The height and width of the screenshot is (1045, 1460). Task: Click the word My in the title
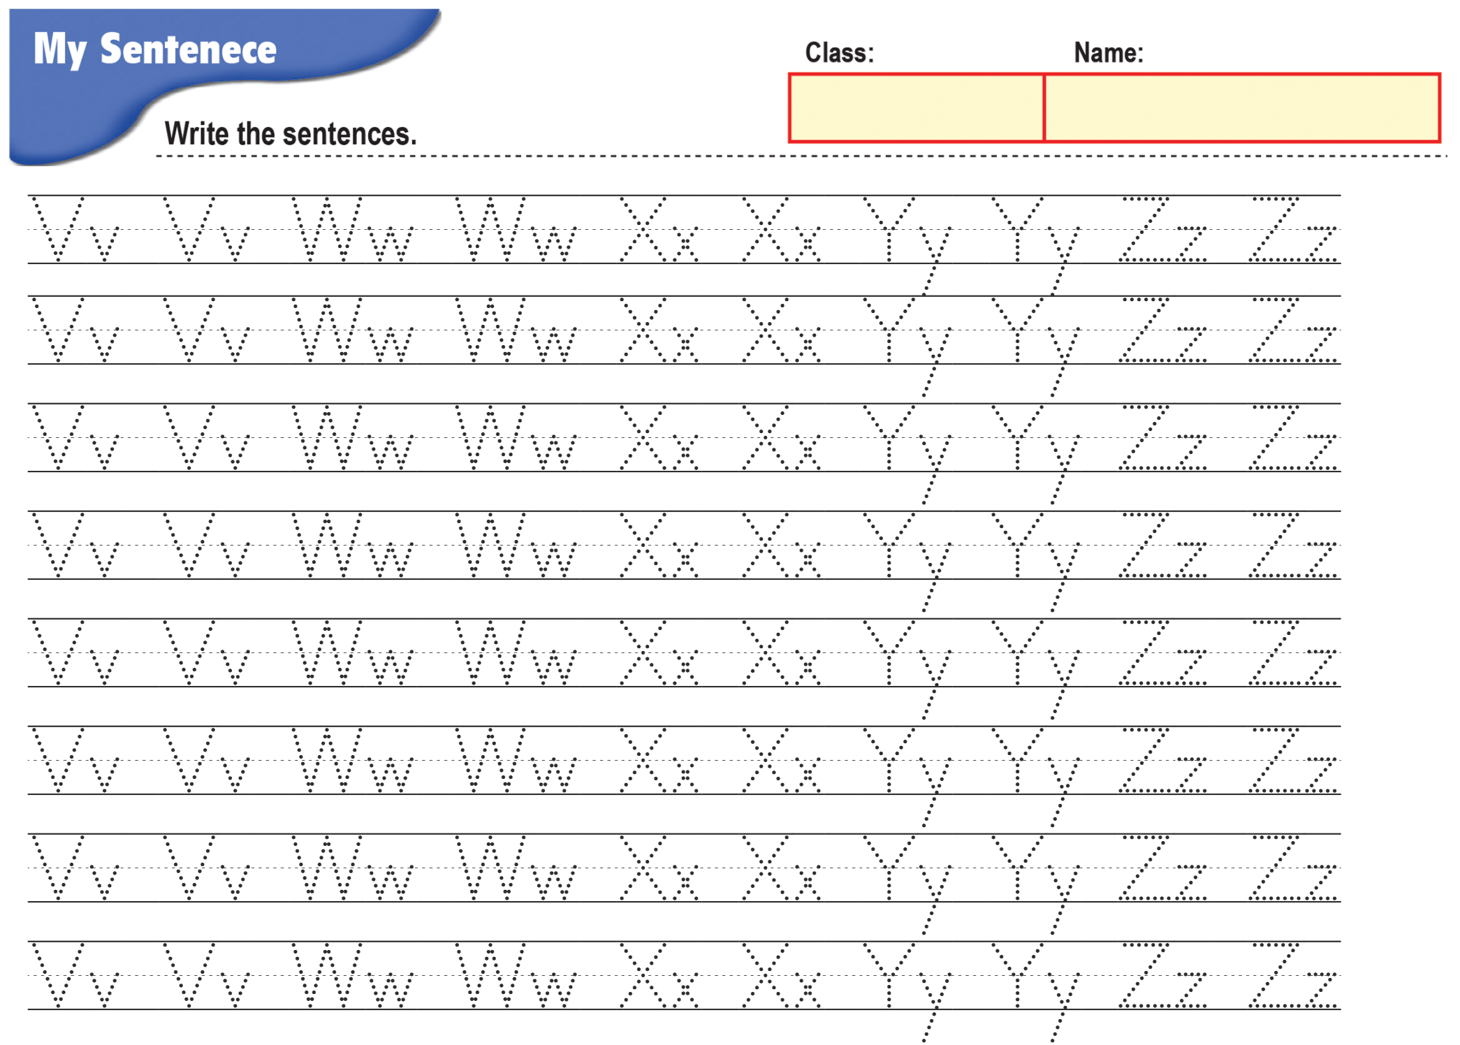tap(60, 50)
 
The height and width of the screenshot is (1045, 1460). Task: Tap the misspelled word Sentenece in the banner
tap(189, 49)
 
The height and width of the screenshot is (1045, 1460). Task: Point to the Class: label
tap(839, 53)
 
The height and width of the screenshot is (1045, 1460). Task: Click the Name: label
tap(1109, 53)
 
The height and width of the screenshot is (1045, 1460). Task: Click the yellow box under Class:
tap(917, 108)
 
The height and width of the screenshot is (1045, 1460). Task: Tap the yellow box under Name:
tap(1241, 108)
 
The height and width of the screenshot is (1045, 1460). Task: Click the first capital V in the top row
tap(58, 229)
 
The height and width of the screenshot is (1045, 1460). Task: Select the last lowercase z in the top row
tap(1321, 244)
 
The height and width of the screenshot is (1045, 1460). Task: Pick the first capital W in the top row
tap(327, 229)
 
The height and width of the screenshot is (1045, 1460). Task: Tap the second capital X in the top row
tap(765, 229)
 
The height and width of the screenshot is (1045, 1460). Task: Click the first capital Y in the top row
tap(889, 229)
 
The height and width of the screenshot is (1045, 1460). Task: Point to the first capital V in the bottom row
tap(58, 975)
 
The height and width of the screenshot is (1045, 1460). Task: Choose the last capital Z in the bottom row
tap(1273, 975)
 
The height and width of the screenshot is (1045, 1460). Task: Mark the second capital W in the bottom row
tap(490, 975)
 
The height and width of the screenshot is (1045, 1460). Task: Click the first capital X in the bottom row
tap(643, 975)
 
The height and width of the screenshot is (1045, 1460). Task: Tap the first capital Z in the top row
tap(1144, 229)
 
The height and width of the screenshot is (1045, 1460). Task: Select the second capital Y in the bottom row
tap(1017, 975)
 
